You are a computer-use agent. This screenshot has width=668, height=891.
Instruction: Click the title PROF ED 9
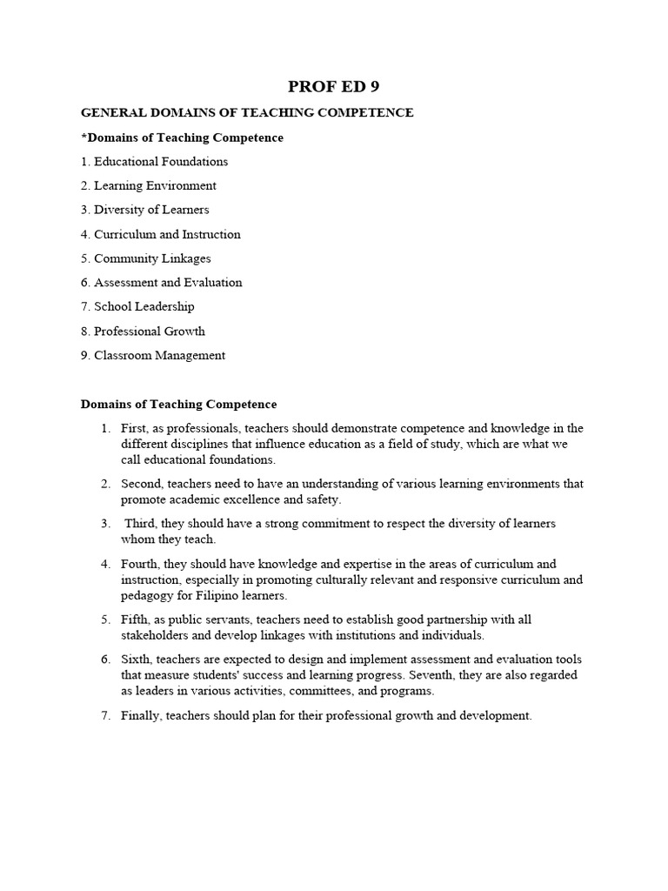click(333, 86)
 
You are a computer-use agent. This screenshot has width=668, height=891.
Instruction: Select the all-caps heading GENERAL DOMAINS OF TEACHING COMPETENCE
click(247, 113)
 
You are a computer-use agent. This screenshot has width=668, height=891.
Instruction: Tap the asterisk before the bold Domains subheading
click(83, 137)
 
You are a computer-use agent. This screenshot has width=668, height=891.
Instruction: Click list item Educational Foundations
click(160, 162)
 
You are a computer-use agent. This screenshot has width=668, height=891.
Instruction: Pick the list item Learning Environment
click(155, 185)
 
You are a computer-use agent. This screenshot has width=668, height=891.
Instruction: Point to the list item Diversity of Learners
click(151, 210)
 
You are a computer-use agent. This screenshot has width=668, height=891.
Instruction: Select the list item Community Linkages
click(152, 258)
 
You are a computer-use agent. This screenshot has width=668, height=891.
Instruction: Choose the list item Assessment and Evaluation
click(168, 282)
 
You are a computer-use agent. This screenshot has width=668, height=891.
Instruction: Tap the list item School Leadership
click(144, 306)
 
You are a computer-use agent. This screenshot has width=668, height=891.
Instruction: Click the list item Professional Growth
click(150, 331)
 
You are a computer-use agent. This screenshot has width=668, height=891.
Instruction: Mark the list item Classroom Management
click(159, 355)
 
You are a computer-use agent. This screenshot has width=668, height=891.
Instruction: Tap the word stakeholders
click(154, 635)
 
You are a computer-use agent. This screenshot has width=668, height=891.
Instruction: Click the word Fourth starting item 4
click(140, 564)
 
